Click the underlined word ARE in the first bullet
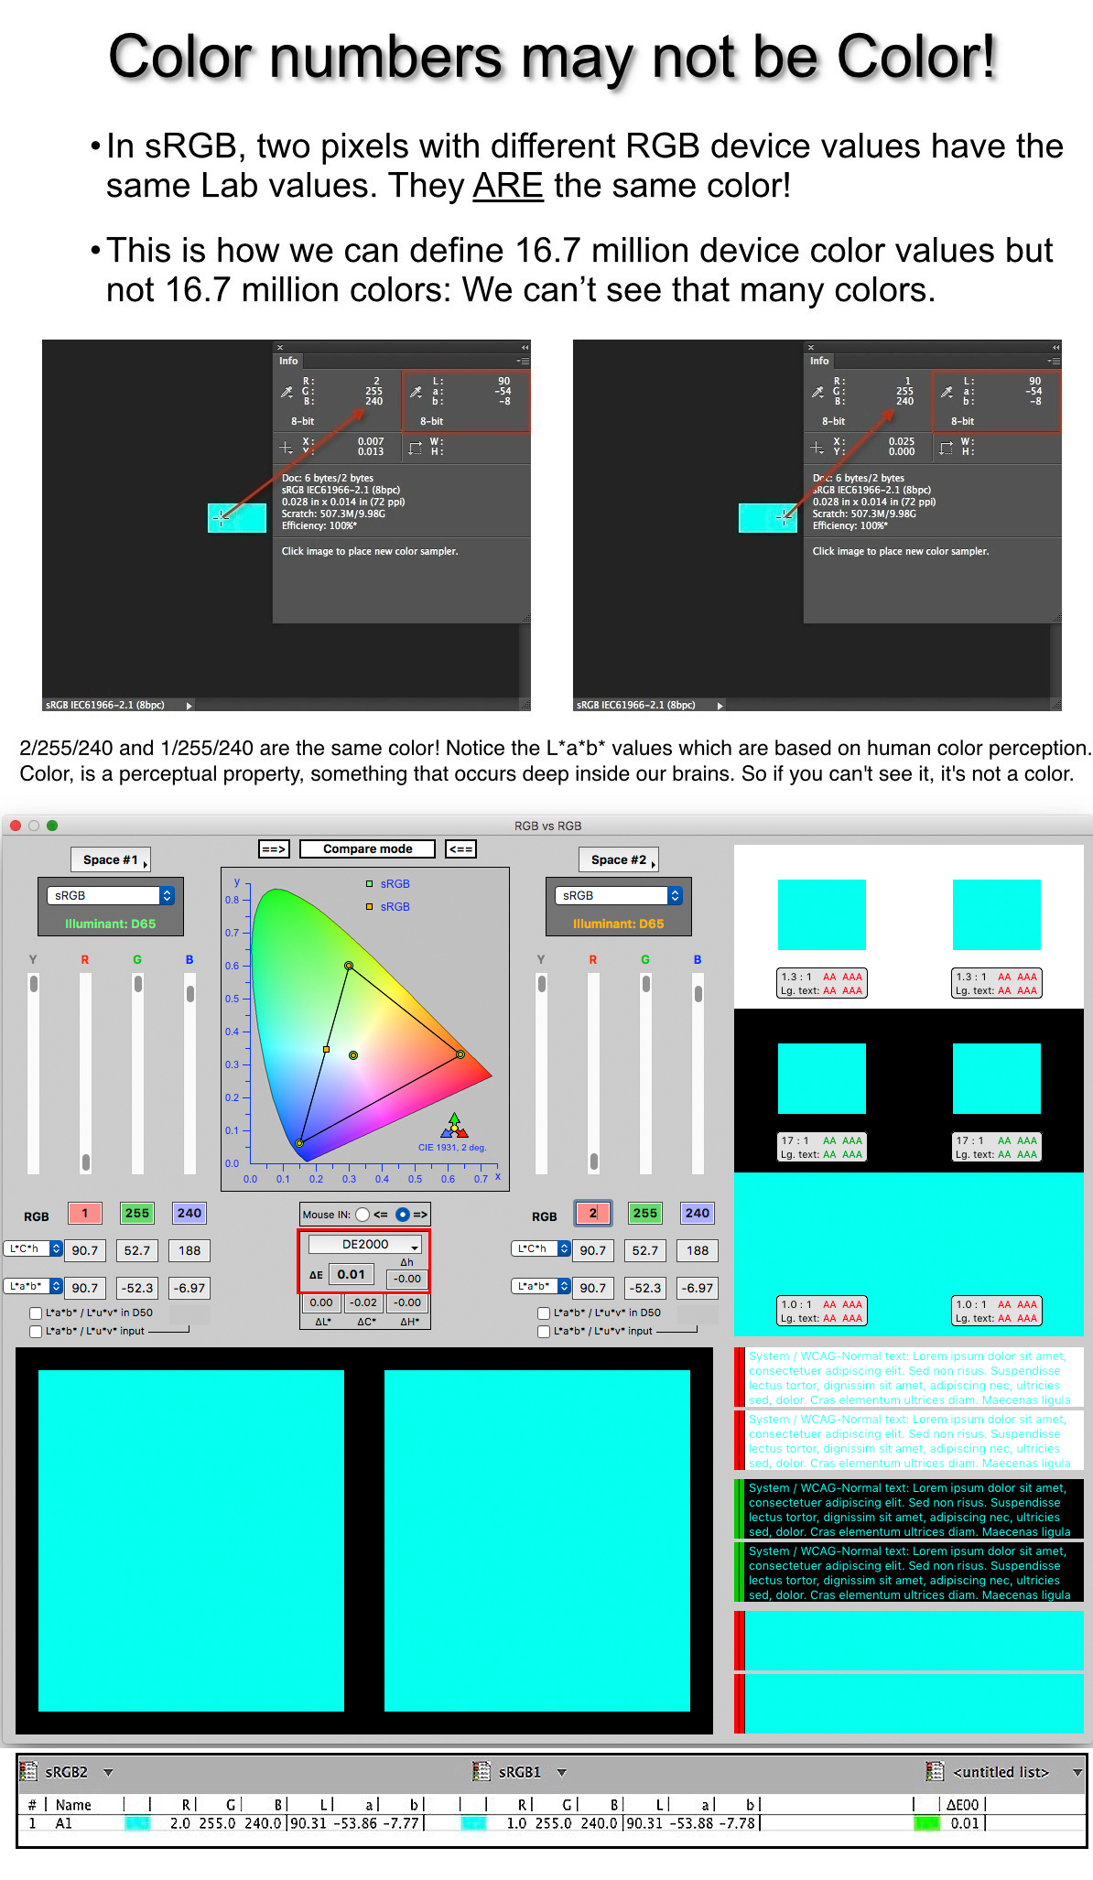coord(508,186)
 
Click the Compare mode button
coord(367,848)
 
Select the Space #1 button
coord(110,859)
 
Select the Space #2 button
coord(618,859)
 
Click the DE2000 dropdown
coord(365,1244)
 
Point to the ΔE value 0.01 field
coord(352,1274)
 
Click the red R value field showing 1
coord(85,1213)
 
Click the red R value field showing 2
coord(593,1213)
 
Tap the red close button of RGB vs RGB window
coord(16,826)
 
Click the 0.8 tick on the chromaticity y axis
coord(233,900)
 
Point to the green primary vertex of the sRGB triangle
coord(349,966)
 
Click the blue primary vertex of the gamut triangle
coord(299,1143)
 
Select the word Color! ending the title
coord(916,57)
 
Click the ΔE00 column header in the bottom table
coord(962,1805)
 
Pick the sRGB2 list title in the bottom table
coord(67,1772)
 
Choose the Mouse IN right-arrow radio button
coord(403,1215)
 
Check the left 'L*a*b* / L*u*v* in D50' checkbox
coord(36,1313)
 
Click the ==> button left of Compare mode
coord(274,848)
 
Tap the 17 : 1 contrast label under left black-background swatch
coord(795,1140)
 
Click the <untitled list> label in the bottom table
coord(1001,1772)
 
